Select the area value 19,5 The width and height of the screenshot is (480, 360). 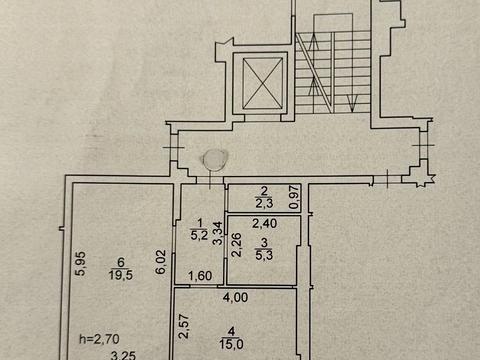[x=119, y=278]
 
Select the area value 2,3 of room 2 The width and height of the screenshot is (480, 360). [x=264, y=204]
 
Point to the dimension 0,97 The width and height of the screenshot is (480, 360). [x=294, y=197]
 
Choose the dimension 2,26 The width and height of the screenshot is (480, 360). [x=235, y=245]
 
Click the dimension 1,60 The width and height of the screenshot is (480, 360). [x=199, y=278]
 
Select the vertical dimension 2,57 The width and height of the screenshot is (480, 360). [x=183, y=325]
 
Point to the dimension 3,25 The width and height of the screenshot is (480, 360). [x=123, y=353]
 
